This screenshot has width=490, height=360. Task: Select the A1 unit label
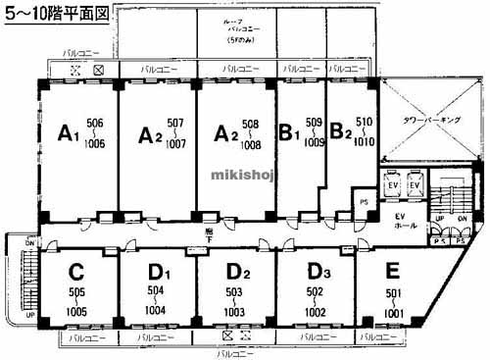tap(68, 131)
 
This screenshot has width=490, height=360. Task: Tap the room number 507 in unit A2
tap(175, 124)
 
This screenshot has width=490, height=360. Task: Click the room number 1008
tap(251, 143)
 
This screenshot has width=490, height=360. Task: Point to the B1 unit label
tap(289, 130)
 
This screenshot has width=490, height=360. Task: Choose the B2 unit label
tap(339, 130)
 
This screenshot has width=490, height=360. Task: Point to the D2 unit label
tap(238, 271)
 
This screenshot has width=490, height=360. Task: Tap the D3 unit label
tap(316, 271)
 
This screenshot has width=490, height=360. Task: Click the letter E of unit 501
tap(393, 270)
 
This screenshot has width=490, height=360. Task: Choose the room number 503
tap(234, 291)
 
